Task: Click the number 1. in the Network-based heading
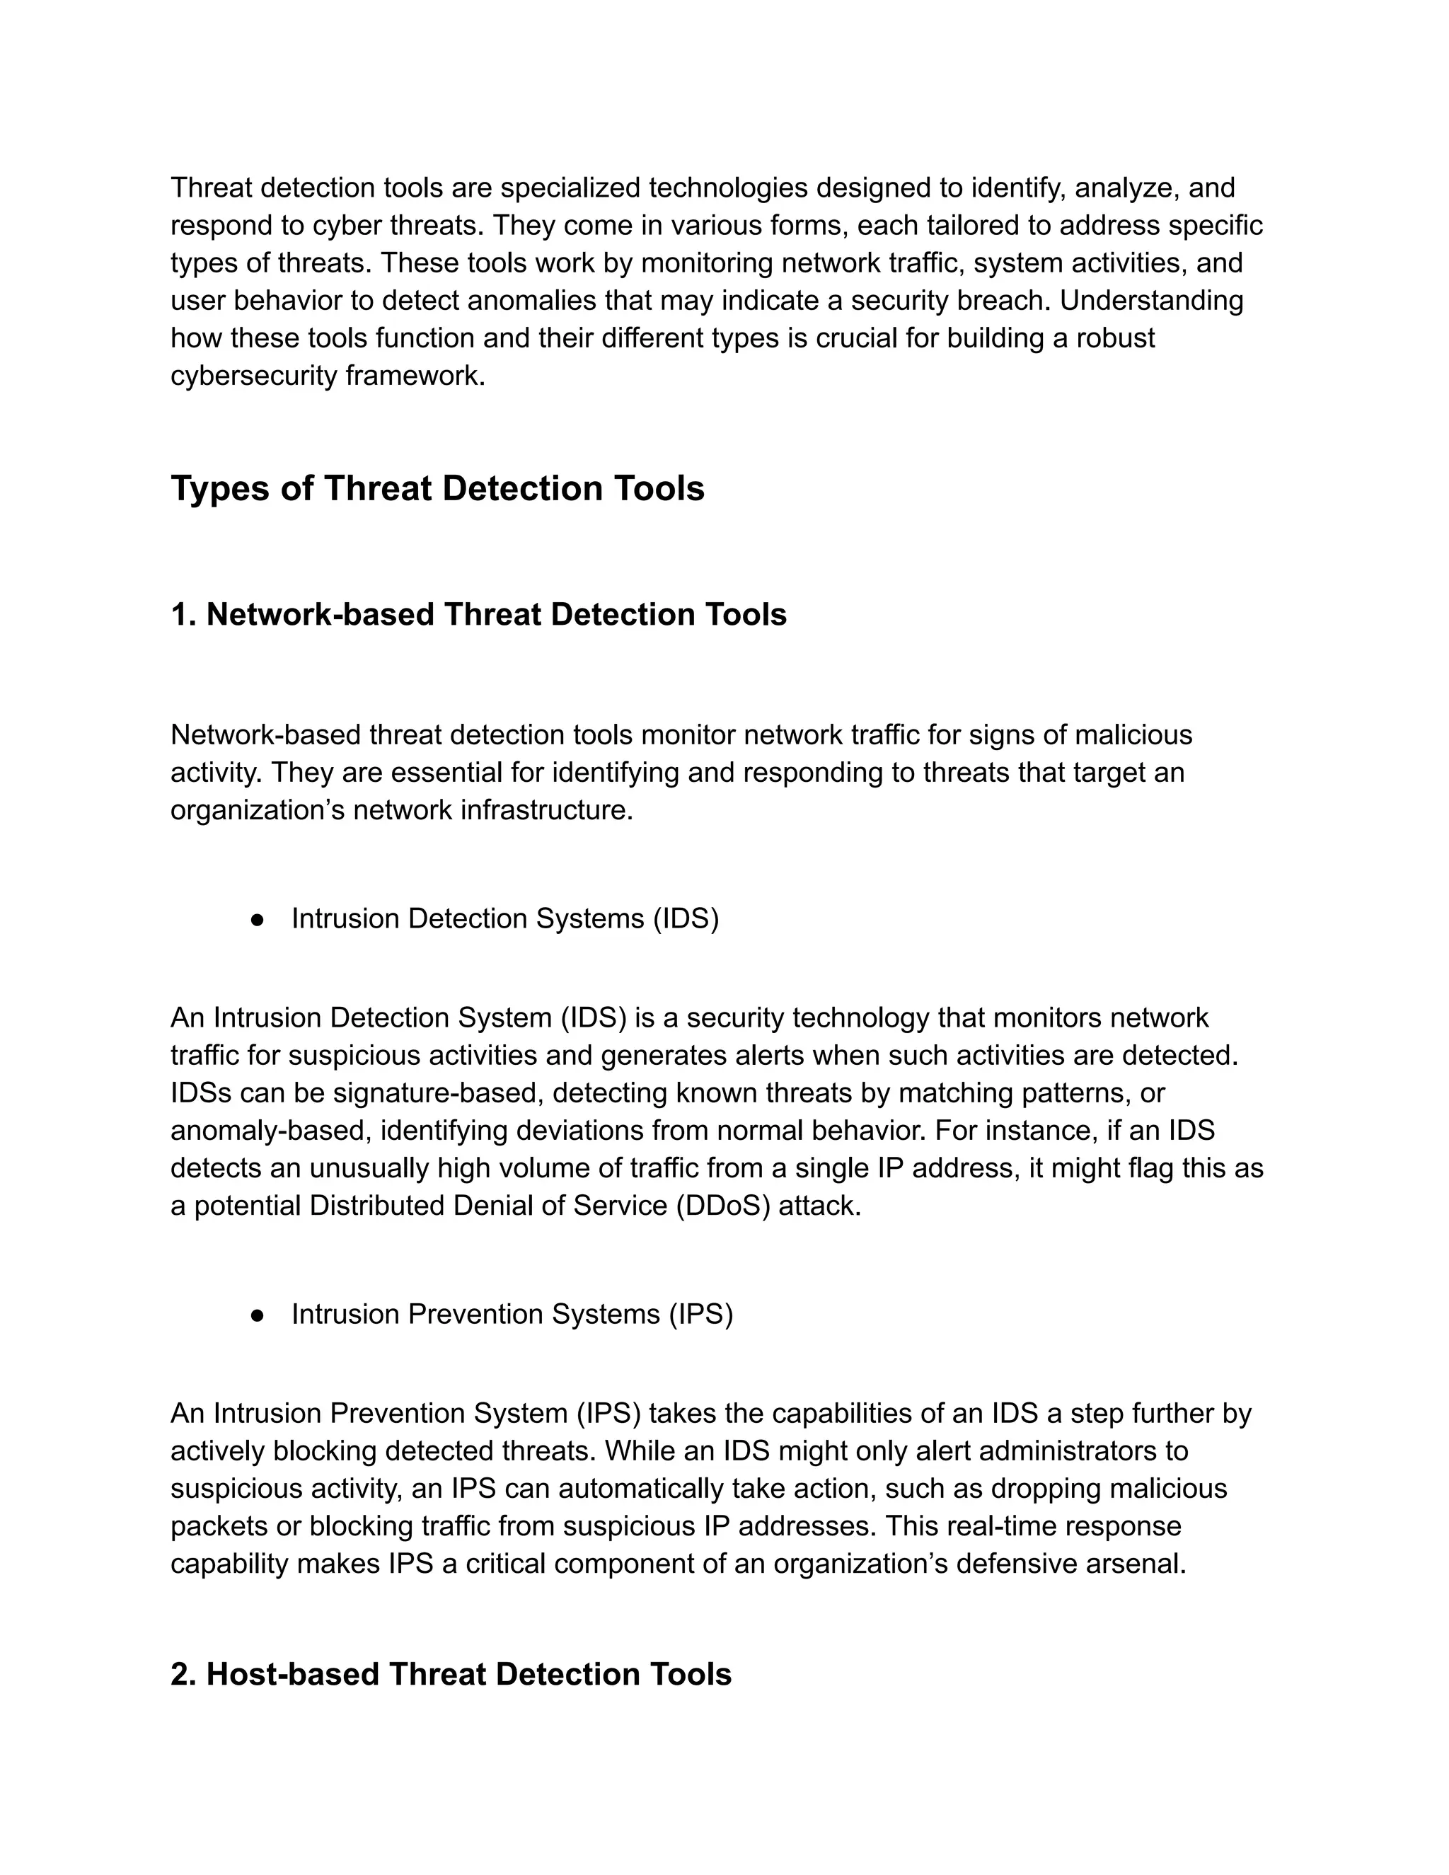pyautogui.click(x=184, y=615)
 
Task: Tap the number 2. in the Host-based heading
pyautogui.click(x=184, y=1675)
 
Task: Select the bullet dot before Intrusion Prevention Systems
pyautogui.click(x=256, y=1315)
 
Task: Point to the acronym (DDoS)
pyautogui.click(x=724, y=1206)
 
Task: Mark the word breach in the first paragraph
pyautogui.click(x=1003, y=301)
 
